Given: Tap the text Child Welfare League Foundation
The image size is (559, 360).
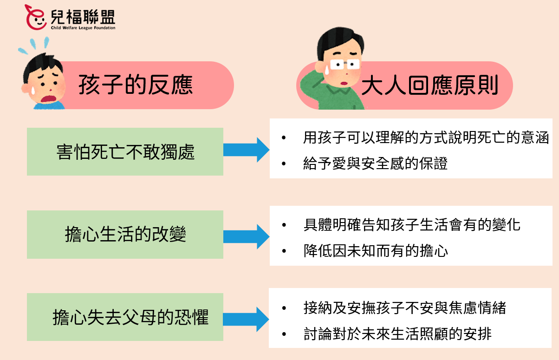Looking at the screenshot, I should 83,28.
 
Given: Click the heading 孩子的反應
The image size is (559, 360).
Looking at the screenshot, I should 135,85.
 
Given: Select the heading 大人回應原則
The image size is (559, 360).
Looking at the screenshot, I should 429,85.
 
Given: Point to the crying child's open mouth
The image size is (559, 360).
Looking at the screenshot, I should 47,98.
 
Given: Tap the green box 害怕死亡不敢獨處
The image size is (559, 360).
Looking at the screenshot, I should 125,152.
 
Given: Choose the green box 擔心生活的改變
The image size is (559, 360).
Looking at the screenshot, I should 125,235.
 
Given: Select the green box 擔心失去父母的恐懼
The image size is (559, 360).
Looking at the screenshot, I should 125,317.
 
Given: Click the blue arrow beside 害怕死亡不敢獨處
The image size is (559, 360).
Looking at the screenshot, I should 246,150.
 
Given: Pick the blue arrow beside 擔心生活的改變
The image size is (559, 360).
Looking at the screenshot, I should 246,236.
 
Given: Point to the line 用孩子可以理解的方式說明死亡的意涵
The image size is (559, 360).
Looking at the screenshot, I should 426,138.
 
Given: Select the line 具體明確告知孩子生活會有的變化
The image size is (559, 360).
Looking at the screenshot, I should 411,225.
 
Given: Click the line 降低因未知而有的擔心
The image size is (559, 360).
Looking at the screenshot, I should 375,251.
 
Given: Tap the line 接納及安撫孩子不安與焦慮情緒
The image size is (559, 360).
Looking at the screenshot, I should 404,308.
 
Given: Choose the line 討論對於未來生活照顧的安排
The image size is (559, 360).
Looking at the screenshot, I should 397,334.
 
